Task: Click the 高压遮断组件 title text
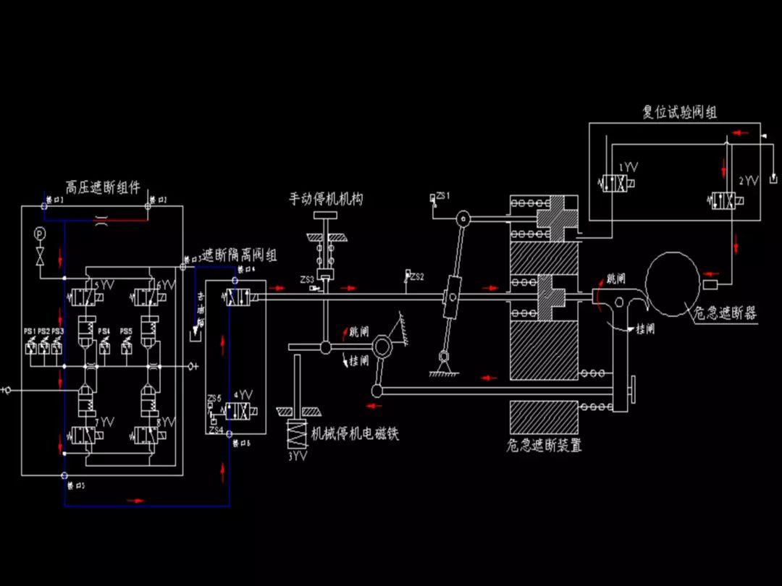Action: click(103, 187)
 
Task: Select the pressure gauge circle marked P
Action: click(39, 233)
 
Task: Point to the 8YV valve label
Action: click(166, 422)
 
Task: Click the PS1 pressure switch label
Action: click(30, 331)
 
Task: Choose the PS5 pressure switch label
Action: click(127, 331)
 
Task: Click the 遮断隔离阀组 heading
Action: click(239, 255)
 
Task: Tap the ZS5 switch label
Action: click(214, 399)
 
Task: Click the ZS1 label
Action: click(443, 196)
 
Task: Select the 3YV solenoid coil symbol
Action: click(297, 436)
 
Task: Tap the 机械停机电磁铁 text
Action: click(355, 434)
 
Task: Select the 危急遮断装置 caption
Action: click(544, 446)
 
